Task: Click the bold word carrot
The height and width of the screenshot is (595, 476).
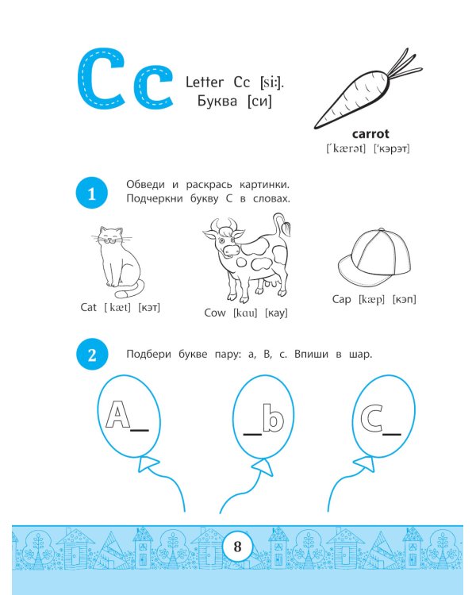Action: point(370,133)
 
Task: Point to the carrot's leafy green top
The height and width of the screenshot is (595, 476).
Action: point(406,67)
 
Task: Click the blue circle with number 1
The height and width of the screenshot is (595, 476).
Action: point(92,193)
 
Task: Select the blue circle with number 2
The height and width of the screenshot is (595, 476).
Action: point(92,354)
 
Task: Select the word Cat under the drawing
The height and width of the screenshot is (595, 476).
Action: point(88,307)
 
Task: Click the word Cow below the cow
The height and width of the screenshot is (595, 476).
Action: point(215,313)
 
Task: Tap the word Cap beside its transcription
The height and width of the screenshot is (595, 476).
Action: point(342,299)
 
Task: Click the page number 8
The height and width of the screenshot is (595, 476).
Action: point(237,547)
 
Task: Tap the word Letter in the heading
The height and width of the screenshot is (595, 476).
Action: point(204,82)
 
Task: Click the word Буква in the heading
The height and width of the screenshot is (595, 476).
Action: point(217,101)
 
